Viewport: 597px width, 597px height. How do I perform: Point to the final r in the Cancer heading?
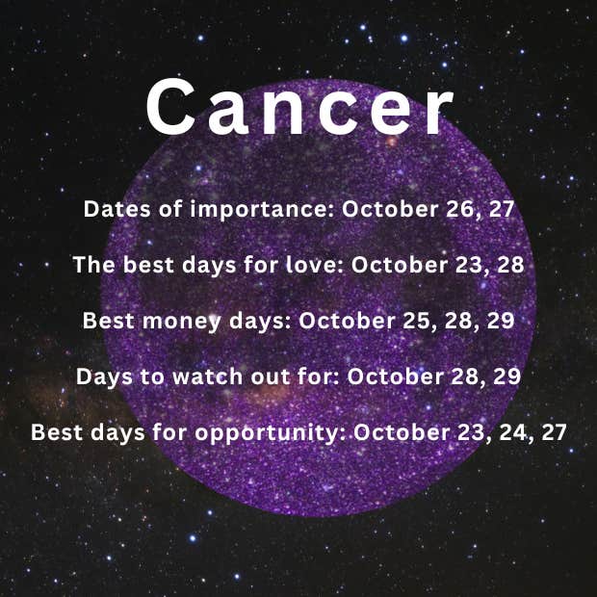439,112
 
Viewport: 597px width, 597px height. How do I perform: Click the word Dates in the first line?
117,209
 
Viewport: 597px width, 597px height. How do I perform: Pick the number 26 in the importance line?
459,209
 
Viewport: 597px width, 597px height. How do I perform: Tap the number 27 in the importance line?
502,209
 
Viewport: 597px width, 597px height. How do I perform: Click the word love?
315,265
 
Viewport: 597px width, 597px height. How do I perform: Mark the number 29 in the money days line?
501,321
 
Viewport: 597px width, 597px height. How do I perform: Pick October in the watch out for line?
395,376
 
